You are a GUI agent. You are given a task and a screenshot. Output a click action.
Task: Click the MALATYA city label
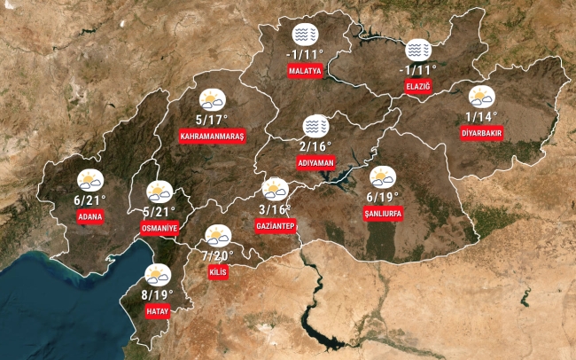pyautogui.click(x=304, y=70)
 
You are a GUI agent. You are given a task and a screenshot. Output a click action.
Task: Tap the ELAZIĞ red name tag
pyautogui.click(x=416, y=85)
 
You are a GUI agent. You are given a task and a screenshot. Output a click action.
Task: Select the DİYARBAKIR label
pyautogui.click(x=481, y=133)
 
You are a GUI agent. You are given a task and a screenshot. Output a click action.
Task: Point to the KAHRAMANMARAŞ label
pyautogui.click(x=212, y=136)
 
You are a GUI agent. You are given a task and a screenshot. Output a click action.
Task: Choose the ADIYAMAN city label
pyautogui.click(x=315, y=163)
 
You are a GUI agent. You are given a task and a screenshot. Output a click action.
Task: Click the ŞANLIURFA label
pyautogui.click(x=382, y=214)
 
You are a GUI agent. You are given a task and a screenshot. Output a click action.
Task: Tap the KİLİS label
pyautogui.click(x=218, y=272)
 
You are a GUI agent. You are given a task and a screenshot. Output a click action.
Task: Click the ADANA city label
pyautogui.click(x=90, y=216)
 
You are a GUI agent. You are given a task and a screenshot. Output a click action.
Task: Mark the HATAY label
pyautogui.click(x=158, y=311)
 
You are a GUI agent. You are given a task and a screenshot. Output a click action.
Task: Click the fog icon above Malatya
pyautogui.click(x=304, y=36)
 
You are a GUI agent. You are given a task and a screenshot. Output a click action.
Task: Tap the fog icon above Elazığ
pyautogui.click(x=417, y=51)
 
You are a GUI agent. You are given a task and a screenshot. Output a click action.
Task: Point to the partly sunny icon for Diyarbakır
pyautogui.click(x=481, y=98)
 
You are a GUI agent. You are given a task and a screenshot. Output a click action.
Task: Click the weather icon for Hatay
pyautogui.click(x=158, y=275)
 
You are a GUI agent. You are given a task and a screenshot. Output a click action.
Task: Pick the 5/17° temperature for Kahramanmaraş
pyautogui.click(x=212, y=119)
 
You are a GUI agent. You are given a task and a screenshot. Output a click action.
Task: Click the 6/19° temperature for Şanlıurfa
pyautogui.click(x=383, y=197)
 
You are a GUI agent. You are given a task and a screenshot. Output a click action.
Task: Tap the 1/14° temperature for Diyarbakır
pyautogui.click(x=482, y=116)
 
